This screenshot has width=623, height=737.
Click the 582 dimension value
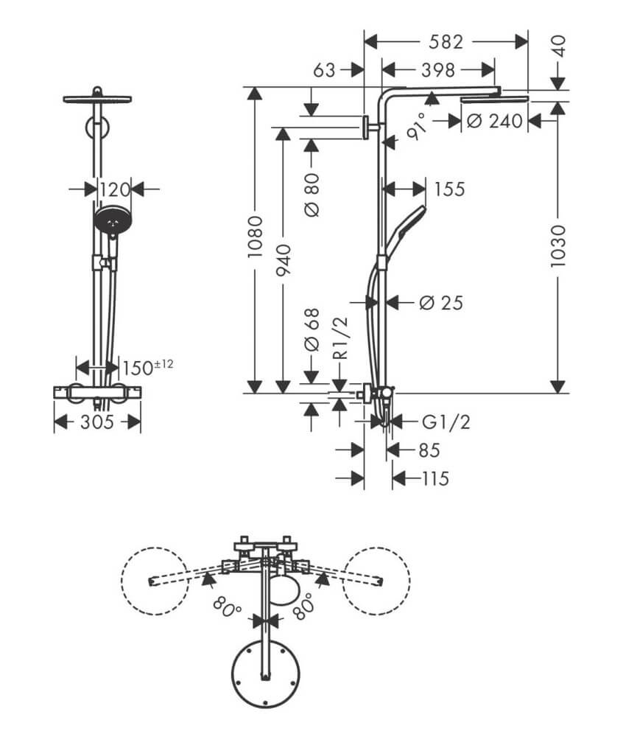[447, 41]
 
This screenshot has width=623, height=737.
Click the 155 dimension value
[448, 189]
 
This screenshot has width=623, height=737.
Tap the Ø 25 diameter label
[441, 302]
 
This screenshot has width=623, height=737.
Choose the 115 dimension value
[435, 479]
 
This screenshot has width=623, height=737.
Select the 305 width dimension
[97, 422]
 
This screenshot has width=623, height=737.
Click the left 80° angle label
[228, 609]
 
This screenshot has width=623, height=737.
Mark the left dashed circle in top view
[154, 580]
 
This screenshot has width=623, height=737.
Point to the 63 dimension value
[324, 70]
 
